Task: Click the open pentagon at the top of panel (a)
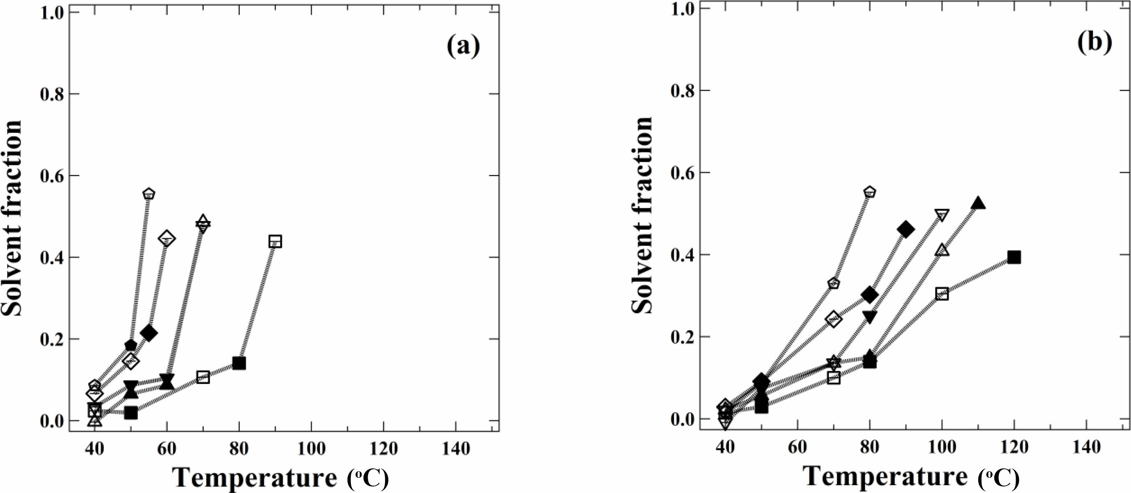[149, 194]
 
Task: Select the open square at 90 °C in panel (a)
[275, 242]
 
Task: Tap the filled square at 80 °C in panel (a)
[239, 363]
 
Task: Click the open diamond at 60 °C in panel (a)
[166, 239]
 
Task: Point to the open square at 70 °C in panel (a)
[203, 377]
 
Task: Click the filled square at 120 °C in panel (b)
[1014, 257]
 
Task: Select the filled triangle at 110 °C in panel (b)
[978, 204]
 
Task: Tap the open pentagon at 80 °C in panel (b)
[870, 192]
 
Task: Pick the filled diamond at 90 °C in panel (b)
[906, 229]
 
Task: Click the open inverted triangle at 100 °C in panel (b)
[942, 216]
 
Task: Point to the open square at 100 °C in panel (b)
[942, 294]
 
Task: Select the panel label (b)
[1095, 43]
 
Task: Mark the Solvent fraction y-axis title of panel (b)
[642, 215]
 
